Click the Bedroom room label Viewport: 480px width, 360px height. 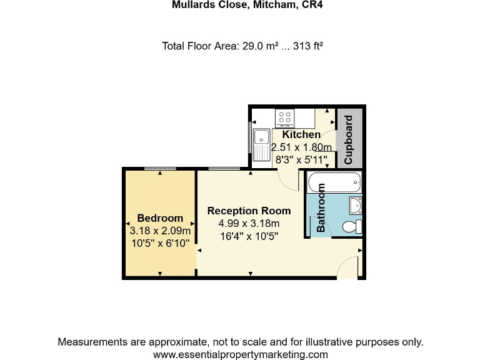(x=160, y=218)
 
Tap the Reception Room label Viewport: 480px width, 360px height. (x=249, y=211)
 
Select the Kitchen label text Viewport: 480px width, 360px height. (x=301, y=134)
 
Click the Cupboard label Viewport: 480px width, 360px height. (x=349, y=139)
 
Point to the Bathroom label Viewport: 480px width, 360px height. (x=321, y=207)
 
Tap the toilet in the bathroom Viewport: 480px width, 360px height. (x=357, y=227)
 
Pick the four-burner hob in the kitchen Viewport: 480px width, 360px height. (x=286, y=117)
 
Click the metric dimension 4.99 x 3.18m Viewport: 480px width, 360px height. (x=249, y=223)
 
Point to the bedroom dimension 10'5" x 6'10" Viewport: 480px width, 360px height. (x=160, y=243)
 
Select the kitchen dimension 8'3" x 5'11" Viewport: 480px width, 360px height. (x=301, y=159)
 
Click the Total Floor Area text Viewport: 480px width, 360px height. (x=242, y=46)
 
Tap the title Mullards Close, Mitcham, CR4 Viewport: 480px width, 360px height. (x=240, y=5)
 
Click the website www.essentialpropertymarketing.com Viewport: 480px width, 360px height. (x=240, y=354)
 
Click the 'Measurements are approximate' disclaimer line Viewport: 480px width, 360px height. (x=240, y=342)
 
